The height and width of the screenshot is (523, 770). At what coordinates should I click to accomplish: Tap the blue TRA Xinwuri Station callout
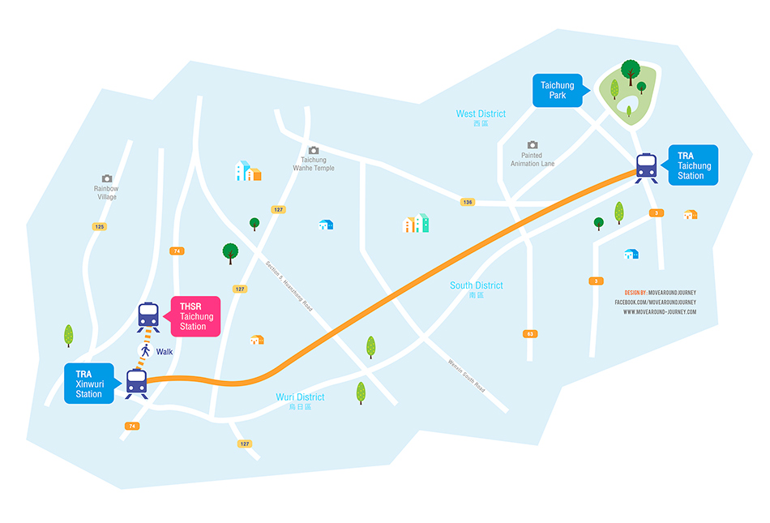tap(89, 384)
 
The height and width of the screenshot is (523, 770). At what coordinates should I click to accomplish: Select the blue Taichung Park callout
tap(557, 90)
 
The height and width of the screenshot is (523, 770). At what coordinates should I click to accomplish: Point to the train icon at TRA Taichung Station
tap(646, 166)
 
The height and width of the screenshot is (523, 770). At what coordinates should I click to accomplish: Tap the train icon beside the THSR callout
tap(148, 315)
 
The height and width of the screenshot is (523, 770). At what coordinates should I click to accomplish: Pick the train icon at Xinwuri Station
tap(136, 382)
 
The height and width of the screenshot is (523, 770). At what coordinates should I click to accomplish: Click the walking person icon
tap(146, 352)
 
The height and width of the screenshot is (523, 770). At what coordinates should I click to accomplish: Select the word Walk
tap(165, 352)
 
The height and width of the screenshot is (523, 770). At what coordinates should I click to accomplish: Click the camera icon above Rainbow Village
tap(106, 178)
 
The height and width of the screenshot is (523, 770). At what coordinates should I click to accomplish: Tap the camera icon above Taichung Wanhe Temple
tap(314, 150)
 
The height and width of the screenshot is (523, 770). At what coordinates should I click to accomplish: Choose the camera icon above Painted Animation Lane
tap(533, 144)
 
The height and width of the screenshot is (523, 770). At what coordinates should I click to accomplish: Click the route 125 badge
tap(100, 226)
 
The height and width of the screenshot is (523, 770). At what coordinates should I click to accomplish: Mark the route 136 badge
tap(468, 201)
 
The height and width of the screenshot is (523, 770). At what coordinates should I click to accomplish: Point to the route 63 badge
tap(530, 333)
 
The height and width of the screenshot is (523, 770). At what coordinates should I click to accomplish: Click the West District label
tap(481, 114)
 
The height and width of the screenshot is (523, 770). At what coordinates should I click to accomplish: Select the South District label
tap(477, 285)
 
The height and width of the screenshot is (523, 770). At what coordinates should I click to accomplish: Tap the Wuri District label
tap(300, 397)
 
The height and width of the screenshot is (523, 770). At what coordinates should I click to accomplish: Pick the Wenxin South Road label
tap(466, 374)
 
